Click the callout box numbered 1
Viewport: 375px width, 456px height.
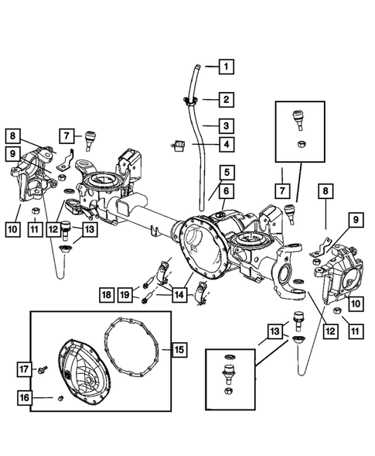[226, 67]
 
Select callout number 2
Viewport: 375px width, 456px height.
[226, 100]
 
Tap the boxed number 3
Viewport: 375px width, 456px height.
[226, 125]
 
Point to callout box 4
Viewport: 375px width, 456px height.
[226, 144]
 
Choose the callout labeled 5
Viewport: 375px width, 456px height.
[226, 173]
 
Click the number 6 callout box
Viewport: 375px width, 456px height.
[226, 191]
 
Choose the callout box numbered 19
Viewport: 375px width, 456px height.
[126, 294]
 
